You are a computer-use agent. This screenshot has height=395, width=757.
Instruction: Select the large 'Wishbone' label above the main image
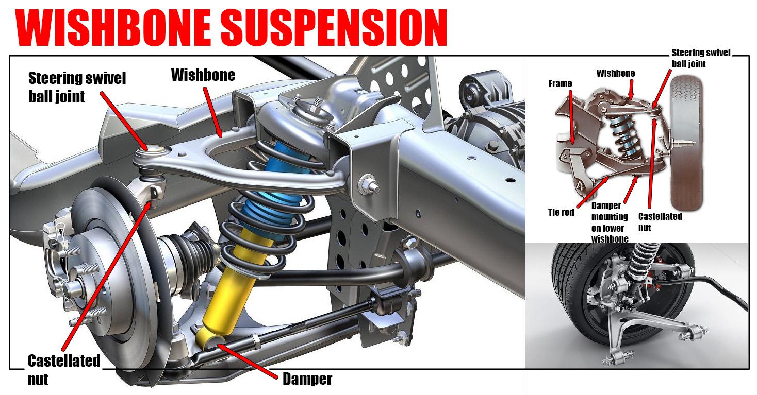(x=203, y=75)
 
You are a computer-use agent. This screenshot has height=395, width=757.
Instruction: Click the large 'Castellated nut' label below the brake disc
(x=63, y=369)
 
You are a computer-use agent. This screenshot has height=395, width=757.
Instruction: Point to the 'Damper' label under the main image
(x=307, y=380)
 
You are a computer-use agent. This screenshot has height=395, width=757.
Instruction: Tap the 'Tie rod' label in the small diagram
(x=561, y=212)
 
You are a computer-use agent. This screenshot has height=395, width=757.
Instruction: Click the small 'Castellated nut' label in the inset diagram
(x=660, y=221)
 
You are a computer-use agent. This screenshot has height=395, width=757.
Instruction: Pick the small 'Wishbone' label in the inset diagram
(x=615, y=74)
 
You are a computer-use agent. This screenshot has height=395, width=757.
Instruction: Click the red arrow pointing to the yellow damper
(x=247, y=361)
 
